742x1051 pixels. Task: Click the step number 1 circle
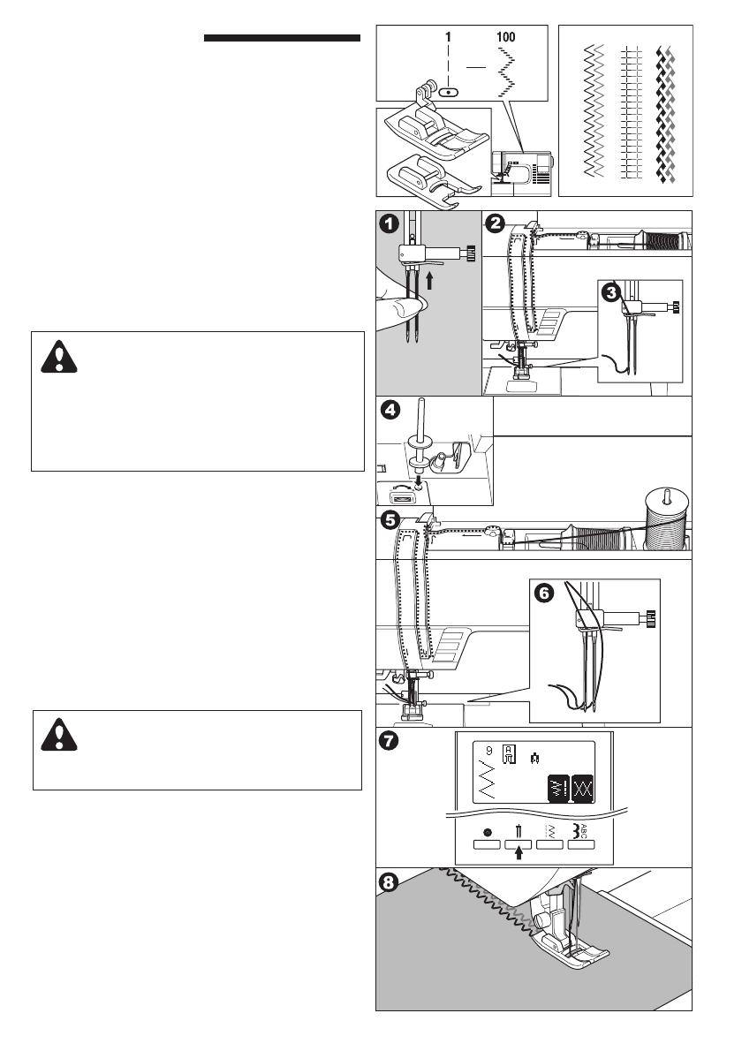pyautogui.click(x=390, y=223)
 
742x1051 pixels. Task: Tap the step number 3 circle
pyautogui.click(x=610, y=293)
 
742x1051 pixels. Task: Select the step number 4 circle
pyautogui.click(x=390, y=410)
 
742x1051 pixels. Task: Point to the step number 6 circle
pyautogui.click(x=544, y=594)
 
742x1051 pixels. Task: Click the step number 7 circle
pyautogui.click(x=389, y=741)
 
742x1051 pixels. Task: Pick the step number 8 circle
pyautogui.click(x=389, y=883)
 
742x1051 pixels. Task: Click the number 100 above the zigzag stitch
pyautogui.click(x=506, y=37)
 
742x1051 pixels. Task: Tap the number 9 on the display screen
pyautogui.click(x=488, y=752)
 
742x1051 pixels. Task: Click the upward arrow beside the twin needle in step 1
pyautogui.click(x=429, y=279)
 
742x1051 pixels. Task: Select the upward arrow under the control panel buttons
pyautogui.click(x=519, y=852)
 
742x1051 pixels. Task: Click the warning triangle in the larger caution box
pyautogui.click(x=59, y=357)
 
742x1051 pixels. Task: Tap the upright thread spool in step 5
pyautogui.click(x=665, y=520)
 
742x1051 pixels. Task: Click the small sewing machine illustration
pyautogui.click(x=521, y=173)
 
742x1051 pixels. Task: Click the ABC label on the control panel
pyautogui.click(x=582, y=831)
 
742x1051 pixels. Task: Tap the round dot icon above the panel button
pyautogui.click(x=488, y=833)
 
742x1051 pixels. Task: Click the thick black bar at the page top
pyautogui.click(x=282, y=38)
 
